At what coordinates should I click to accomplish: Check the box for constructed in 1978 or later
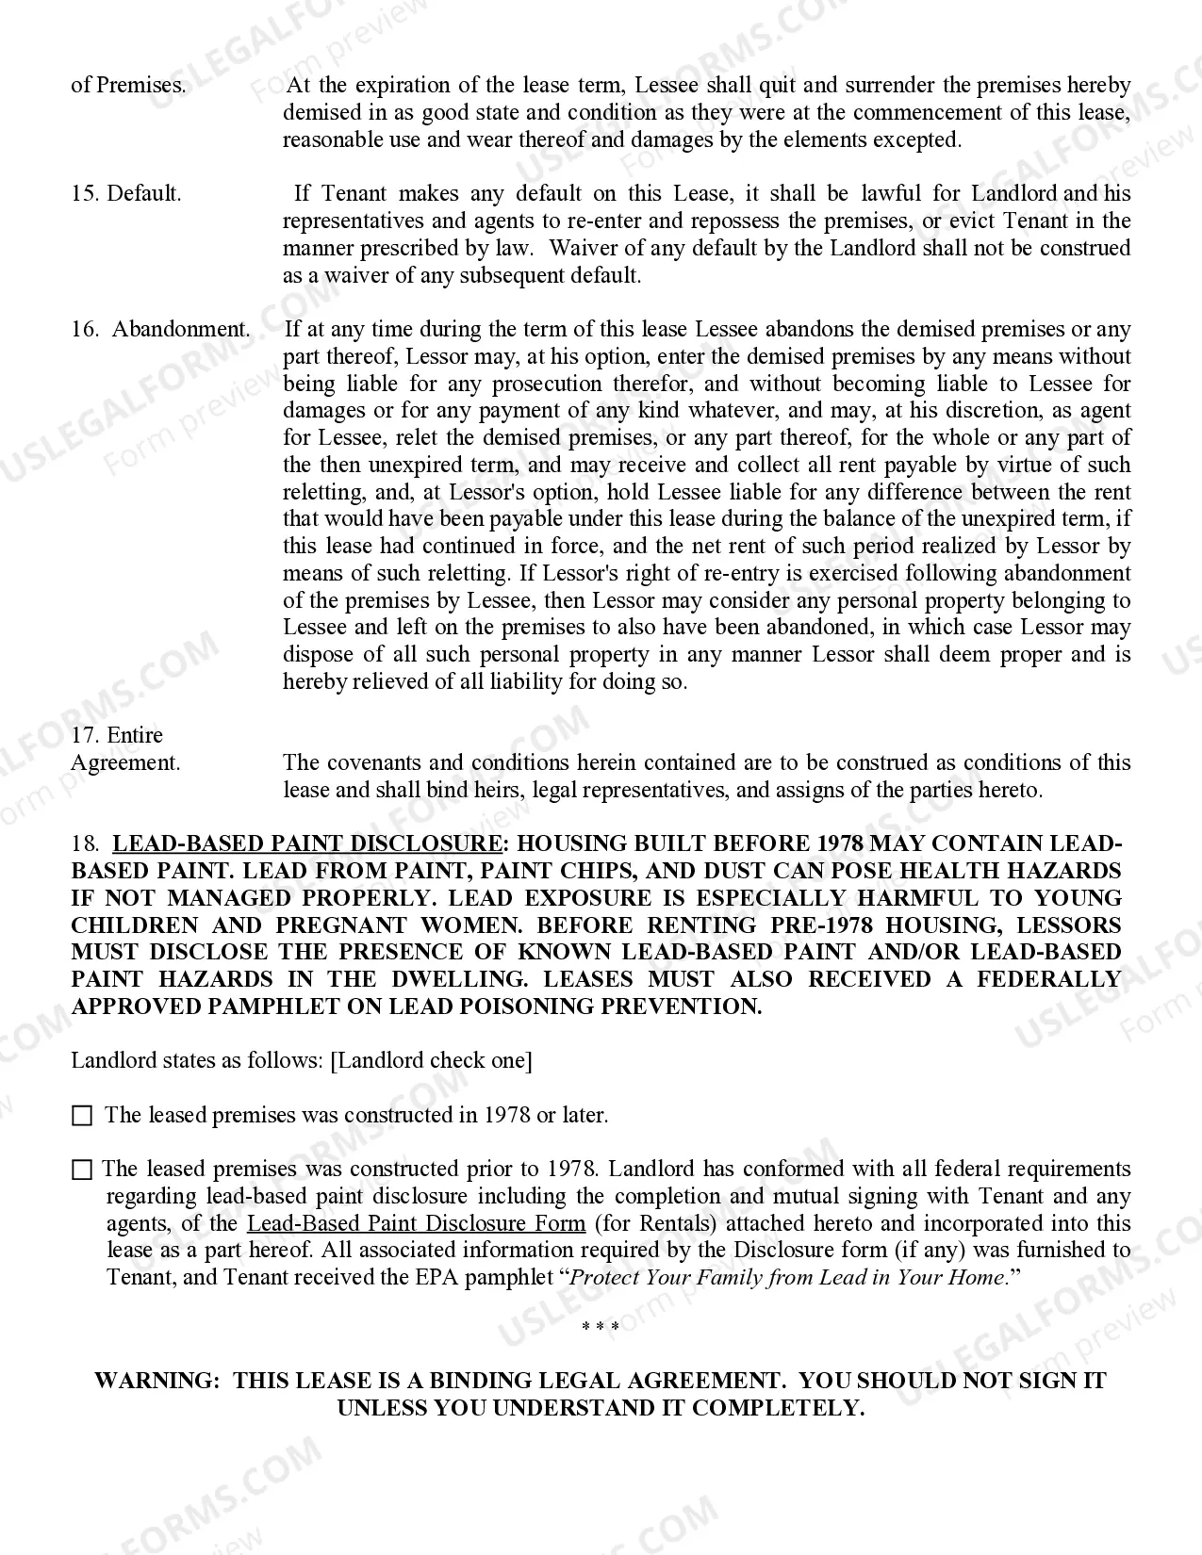(x=82, y=1116)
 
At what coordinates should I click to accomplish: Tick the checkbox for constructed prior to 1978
(x=82, y=1170)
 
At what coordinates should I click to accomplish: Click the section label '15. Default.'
(x=126, y=194)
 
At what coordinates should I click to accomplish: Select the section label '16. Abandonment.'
(x=161, y=330)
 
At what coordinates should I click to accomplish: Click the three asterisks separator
(x=601, y=1327)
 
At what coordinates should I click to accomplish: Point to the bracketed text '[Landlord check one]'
(x=431, y=1060)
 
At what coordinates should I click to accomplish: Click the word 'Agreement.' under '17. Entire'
(x=125, y=762)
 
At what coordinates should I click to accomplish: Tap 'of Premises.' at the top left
(x=128, y=86)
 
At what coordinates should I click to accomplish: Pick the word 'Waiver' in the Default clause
(x=582, y=249)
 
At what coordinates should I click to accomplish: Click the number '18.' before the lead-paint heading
(x=86, y=843)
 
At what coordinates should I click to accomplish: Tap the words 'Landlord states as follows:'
(x=197, y=1060)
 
